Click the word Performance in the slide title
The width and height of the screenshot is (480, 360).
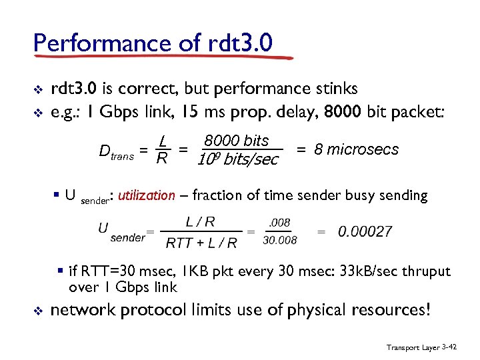(x=93, y=43)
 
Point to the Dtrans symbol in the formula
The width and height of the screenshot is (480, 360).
(x=116, y=153)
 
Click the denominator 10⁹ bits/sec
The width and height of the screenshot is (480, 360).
(x=237, y=160)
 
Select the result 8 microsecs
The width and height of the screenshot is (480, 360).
(x=355, y=149)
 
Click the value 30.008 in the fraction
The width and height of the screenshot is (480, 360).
(x=280, y=240)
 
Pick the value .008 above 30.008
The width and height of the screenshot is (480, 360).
(x=280, y=223)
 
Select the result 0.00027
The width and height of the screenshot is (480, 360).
(x=365, y=231)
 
